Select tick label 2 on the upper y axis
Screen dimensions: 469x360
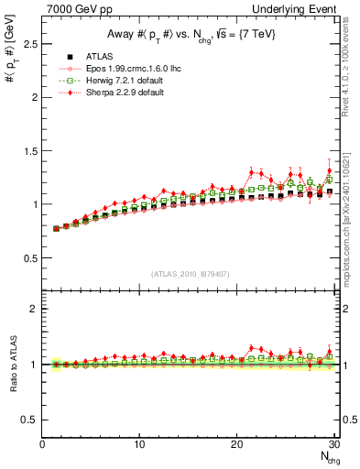click(34, 97)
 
